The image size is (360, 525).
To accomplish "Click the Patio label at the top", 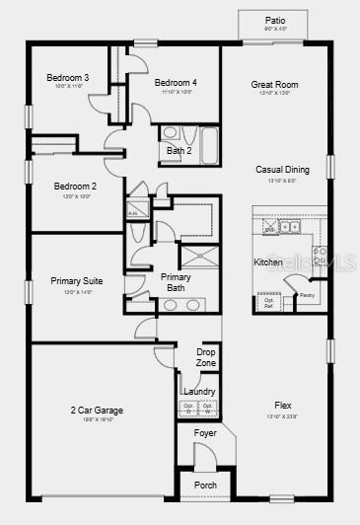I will click(275, 20).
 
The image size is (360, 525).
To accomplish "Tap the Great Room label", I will click(274, 85).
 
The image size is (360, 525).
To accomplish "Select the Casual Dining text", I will click(282, 170).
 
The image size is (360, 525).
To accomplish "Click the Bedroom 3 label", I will click(68, 78).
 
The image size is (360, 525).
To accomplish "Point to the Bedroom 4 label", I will click(176, 82).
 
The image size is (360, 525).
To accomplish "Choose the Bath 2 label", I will click(179, 151).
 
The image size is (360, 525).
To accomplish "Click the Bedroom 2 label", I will click(75, 187).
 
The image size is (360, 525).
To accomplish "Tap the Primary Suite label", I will click(77, 281).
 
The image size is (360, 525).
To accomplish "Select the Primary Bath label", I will click(176, 282).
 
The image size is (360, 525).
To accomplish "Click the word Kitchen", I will click(268, 262).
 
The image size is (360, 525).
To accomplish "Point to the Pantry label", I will click(307, 295).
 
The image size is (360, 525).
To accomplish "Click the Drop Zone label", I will click(206, 357).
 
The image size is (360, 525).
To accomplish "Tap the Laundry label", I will click(199, 392).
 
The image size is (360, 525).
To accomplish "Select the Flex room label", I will click(282, 405).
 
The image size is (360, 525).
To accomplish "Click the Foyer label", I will click(205, 433).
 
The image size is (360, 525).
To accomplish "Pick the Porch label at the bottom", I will click(205, 486).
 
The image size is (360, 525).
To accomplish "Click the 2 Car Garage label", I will click(97, 411).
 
